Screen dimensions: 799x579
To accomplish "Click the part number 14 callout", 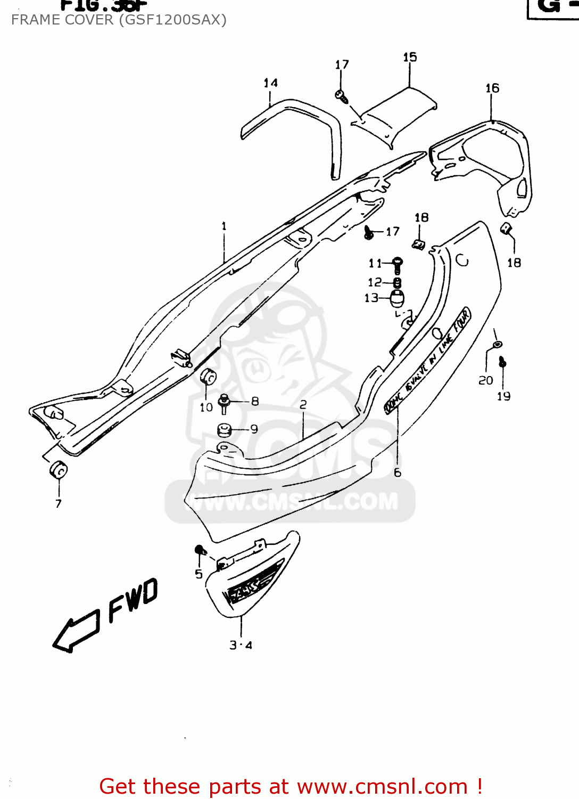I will [x=270, y=83].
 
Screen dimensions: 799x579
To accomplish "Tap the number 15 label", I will [x=410, y=58].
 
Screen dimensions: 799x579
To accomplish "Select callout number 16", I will [x=492, y=88].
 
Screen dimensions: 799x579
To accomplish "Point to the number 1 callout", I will [x=224, y=226].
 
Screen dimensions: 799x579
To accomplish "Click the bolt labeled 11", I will [x=397, y=264].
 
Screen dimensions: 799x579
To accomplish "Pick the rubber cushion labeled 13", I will [x=397, y=299].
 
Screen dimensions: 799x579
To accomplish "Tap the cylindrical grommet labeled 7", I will [x=58, y=470].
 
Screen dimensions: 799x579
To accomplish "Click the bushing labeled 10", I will [x=208, y=376].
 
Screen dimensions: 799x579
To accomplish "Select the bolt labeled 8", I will [x=224, y=403].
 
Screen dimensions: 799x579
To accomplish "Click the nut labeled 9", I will [x=224, y=429].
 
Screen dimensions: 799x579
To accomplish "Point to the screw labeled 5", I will [x=200, y=550].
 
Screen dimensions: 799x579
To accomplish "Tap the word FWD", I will [x=133, y=600].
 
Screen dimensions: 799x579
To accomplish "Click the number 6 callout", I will [x=398, y=473].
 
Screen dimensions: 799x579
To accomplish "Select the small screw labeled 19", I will [x=502, y=363].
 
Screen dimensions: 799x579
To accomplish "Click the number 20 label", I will [x=485, y=380].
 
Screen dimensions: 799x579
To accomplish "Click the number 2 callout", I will [x=303, y=405].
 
